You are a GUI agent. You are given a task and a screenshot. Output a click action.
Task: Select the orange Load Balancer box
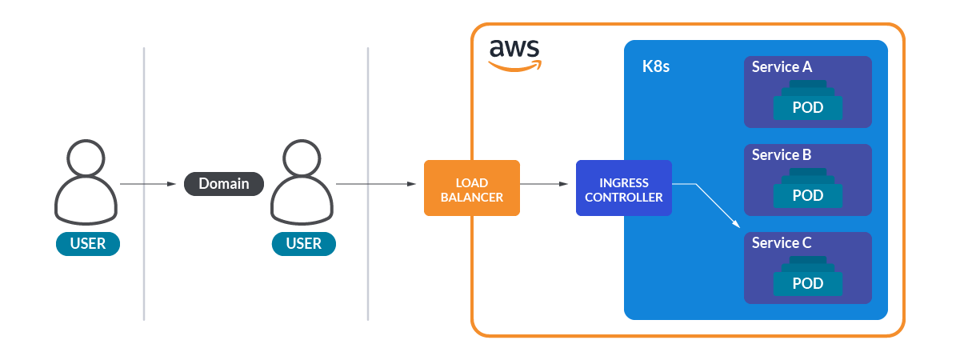[472, 188]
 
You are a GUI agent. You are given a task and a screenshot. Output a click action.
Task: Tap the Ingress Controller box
[624, 188]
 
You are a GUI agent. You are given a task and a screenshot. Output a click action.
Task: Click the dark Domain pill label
[224, 184]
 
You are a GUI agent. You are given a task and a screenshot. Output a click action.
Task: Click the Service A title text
[782, 67]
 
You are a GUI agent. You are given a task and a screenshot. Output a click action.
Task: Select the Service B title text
[782, 155]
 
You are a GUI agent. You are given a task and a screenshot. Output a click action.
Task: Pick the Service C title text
[782, 243]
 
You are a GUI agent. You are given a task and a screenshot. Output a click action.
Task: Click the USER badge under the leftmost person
[88, 243]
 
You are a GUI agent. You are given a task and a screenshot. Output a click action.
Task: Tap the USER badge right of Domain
[304, 243]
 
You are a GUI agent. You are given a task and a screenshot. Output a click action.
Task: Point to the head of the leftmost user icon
[88, 158]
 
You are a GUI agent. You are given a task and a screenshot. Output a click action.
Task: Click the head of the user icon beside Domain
[304, 158]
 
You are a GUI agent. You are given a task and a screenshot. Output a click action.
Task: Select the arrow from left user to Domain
[148, 184]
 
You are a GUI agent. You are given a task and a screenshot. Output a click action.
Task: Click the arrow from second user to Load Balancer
[376, 184]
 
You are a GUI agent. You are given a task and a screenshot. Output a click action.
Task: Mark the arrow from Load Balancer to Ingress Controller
[548, 184]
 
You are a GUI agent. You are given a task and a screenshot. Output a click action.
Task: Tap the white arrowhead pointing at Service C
[738, 227]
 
